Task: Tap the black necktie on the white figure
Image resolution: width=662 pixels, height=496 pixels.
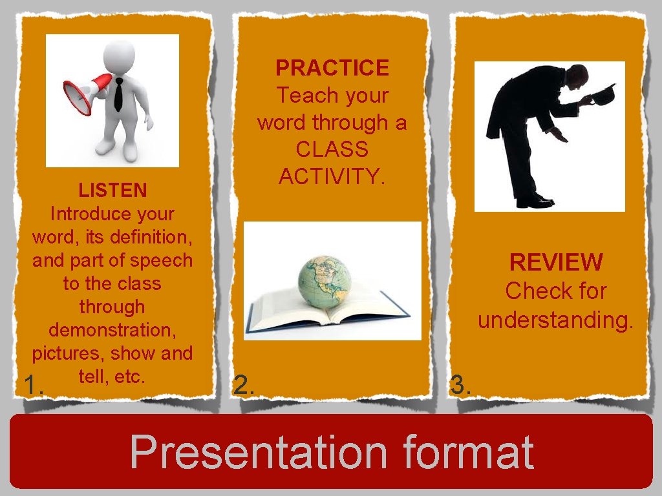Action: (118, 94)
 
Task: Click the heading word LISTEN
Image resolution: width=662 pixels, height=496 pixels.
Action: (112, 191)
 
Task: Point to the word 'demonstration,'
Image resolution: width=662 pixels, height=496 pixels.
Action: (112, 330)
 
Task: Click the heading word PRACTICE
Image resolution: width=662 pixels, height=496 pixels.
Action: (332, 68)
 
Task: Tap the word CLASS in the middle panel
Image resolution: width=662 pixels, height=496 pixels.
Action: (332, 149)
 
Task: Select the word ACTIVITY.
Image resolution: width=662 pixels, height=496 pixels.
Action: (332, 175)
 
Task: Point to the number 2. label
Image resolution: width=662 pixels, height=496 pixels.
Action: (244, 386)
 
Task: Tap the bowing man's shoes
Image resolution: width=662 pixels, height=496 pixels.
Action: (534, 201)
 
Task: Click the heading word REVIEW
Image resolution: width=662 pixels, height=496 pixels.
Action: (556, 262)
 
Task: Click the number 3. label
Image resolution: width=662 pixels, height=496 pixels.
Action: (461, 386)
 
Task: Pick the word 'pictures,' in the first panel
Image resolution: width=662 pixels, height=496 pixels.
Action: (69, 353)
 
